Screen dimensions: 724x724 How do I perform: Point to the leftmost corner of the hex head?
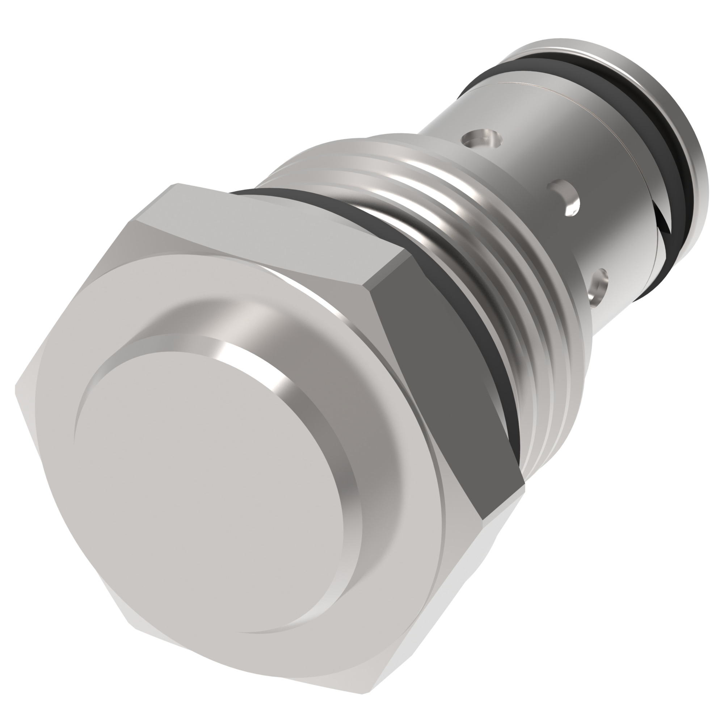[16, 386]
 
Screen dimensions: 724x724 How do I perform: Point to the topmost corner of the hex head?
[178, 184]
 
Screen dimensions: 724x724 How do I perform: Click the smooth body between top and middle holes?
[525, 165]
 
